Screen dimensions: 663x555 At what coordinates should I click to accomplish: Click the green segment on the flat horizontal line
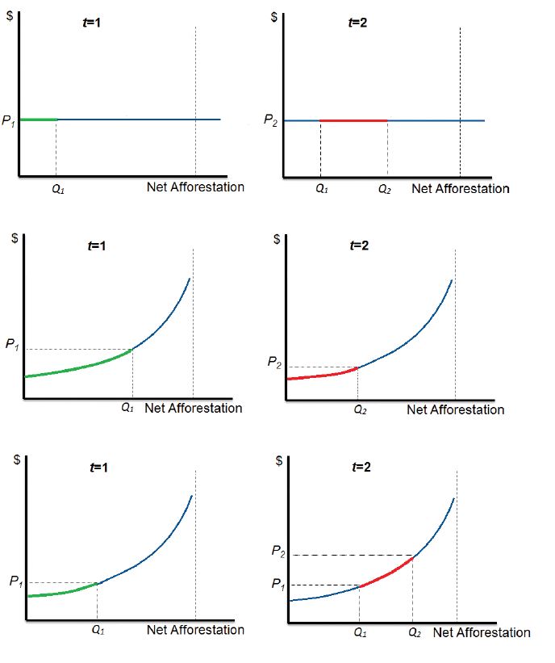click(x=38, y=120)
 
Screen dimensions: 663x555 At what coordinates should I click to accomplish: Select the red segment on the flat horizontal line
click(x=353, y=120)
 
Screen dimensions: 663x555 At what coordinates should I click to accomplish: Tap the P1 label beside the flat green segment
click(x=8, y=122)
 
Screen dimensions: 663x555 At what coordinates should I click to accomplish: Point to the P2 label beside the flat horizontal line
click(x=271, y=120)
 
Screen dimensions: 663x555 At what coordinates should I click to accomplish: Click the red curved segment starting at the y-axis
click(x=323, y=375)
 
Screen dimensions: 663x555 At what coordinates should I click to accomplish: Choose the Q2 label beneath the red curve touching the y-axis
click(x=360, y=409)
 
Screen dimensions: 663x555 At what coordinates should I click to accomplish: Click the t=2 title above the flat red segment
click(x=357, y=23)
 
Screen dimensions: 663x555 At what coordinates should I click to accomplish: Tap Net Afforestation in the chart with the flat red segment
click(x=460, y=189)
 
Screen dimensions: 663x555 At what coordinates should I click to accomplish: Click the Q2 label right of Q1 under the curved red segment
click(x=415, y=632)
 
